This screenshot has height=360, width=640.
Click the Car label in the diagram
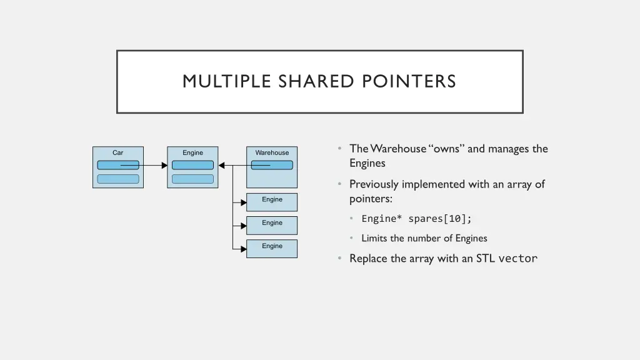117,152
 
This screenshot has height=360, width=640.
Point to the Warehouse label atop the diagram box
272,152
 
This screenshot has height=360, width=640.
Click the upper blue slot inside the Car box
117,165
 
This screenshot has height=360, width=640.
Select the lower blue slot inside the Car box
117,179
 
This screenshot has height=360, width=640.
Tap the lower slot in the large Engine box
192,179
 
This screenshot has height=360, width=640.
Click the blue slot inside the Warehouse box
272,165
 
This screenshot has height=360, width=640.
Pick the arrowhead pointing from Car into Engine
164,166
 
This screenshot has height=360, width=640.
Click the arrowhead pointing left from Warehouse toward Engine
222,166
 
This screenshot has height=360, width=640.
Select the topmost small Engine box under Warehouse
272,201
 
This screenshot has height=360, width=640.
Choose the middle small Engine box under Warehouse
272,224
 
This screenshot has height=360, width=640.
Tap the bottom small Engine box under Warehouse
272,248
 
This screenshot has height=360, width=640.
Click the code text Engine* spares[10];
417,219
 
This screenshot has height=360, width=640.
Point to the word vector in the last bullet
517,259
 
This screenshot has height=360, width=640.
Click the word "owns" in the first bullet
447,149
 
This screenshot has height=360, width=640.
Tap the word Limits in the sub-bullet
374,238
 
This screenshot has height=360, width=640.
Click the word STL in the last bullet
485,259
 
